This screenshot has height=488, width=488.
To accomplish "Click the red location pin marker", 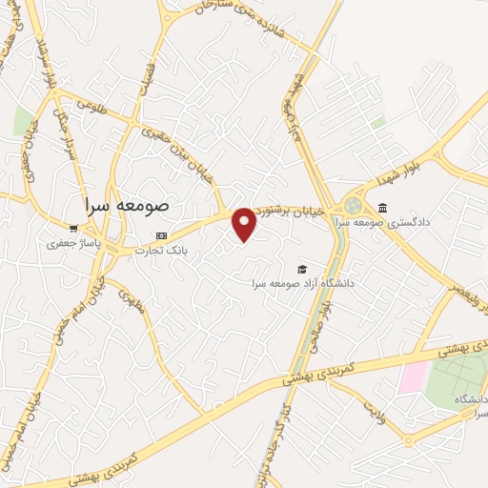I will (x=245, y=224).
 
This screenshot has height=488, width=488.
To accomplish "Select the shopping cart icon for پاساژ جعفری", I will (x=73, y=228).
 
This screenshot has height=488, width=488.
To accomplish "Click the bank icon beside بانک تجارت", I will (x=161, y=235).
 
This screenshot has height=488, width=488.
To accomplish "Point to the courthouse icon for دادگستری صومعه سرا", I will (x=382, y=209).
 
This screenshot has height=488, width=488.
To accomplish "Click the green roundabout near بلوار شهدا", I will (x=355, y=205).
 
